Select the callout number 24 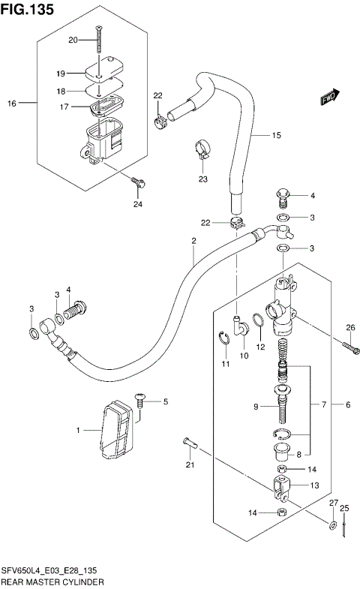coord(137,204)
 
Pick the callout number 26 coord(349,326)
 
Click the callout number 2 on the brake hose coord(193,241)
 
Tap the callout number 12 coord(260,347)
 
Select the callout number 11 coord(224,364)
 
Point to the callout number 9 coord(256,407)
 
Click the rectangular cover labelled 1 coord(116,431)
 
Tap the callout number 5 coord(165,402)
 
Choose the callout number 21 coord(190,466)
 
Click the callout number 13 coord(314,485)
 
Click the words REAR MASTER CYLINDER coord(52,581)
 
